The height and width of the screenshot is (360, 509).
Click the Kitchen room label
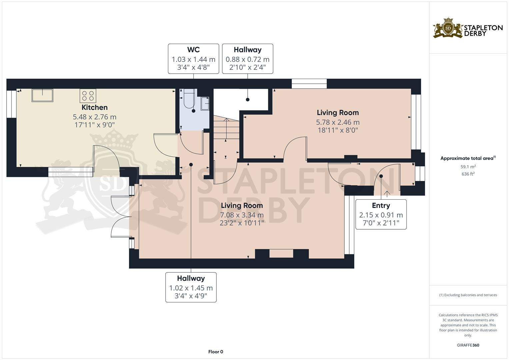coord(95,107)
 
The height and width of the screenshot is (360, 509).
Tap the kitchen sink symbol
coord(42,95)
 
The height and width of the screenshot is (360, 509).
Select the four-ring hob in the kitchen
coord(88,96)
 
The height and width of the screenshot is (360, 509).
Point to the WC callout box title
coord(193,50)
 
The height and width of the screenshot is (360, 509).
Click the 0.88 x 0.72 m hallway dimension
coord(247,60)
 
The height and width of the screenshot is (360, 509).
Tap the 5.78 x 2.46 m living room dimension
coord(338,122)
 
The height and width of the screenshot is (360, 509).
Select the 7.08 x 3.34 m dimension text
coord(242,215)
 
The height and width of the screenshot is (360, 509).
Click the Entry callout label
coord(381,205)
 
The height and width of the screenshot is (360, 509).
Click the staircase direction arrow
coord(226,128)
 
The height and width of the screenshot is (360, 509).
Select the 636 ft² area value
coord(468,174)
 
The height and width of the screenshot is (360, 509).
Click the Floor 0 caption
coord(215,352)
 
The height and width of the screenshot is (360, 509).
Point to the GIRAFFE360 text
coord(468,345)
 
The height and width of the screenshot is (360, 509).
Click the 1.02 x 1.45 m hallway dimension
coord(191,288)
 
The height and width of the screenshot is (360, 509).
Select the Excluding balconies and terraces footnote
coord(468,295)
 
